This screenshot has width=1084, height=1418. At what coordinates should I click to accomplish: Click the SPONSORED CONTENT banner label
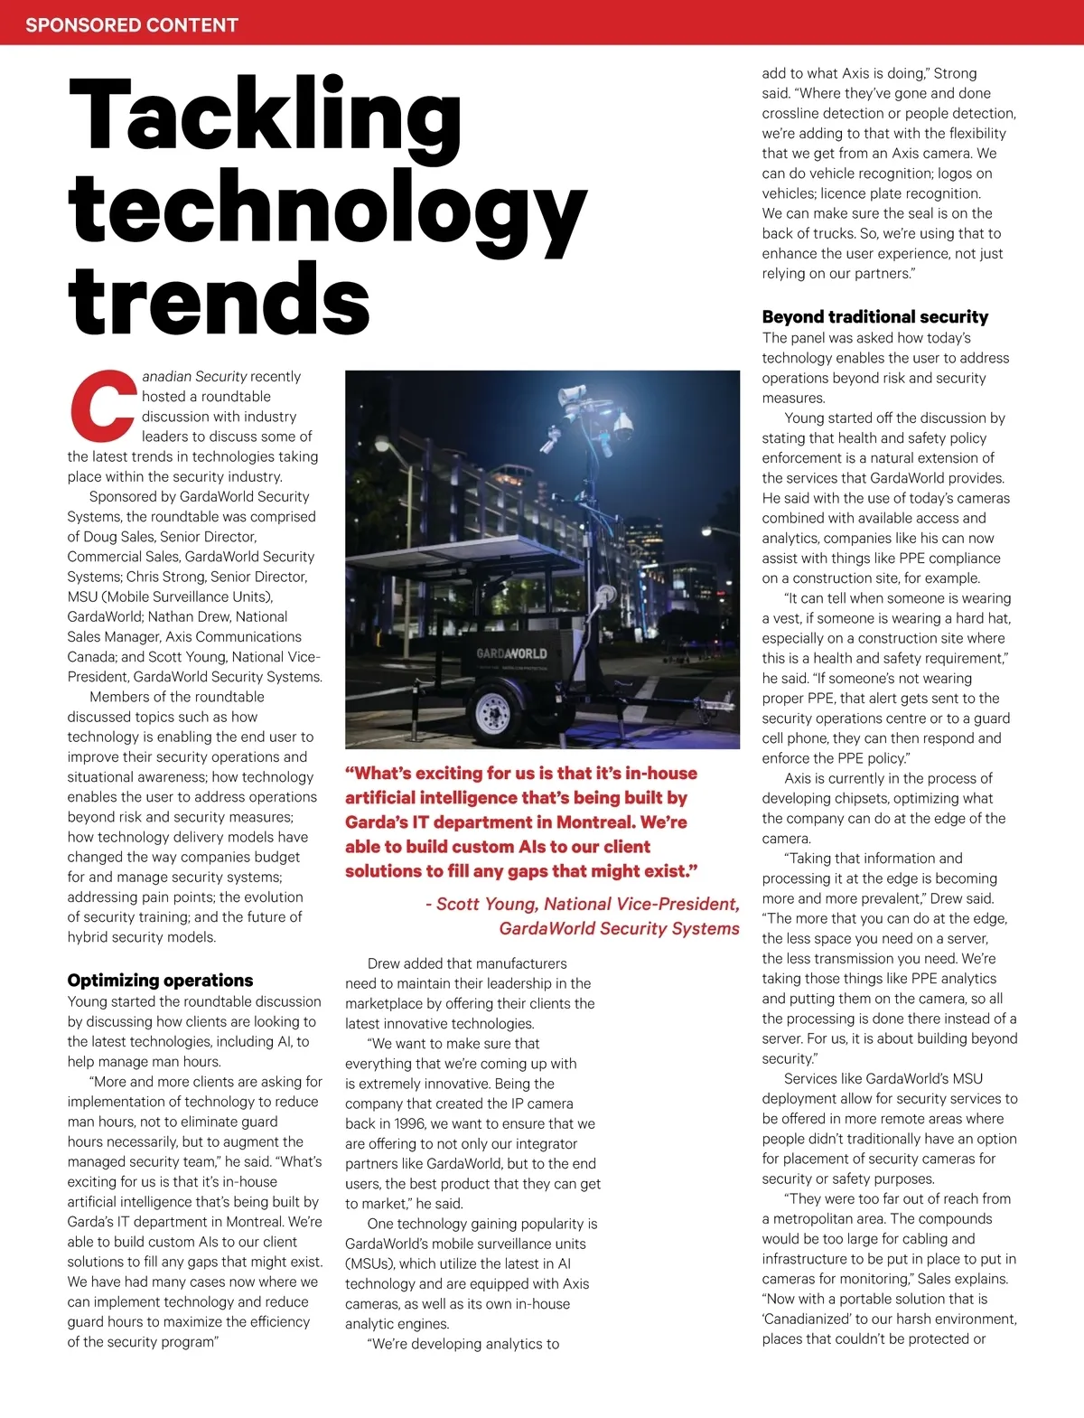[132, 24]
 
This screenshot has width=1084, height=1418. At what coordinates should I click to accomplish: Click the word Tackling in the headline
[264, 117]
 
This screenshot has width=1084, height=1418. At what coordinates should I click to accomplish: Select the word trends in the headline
[219, 299]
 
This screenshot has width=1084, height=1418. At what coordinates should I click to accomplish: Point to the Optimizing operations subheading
[160, 981]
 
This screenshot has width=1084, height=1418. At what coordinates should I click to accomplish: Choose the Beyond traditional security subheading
[874, 317]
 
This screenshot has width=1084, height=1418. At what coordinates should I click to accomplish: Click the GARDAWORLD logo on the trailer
[511, 653]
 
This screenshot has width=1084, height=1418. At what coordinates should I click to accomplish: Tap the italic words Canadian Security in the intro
[194, 377]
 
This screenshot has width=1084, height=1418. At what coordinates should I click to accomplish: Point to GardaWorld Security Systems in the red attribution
[619, 929]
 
